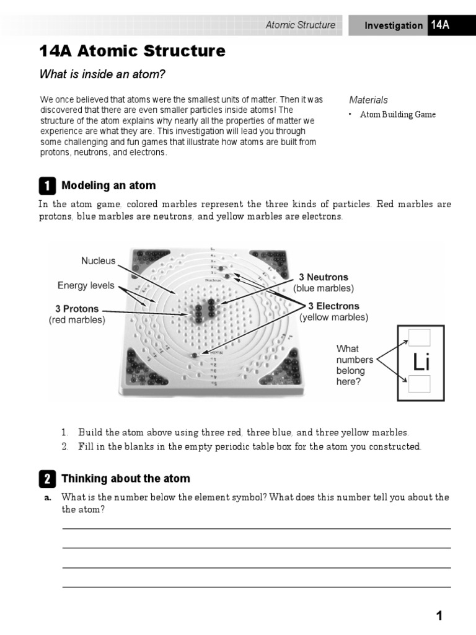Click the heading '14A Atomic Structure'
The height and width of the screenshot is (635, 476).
tap(132, 51)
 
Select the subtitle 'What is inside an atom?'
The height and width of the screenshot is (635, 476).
tap(103, 75)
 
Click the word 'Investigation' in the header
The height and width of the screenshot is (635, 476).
tap(394, 25)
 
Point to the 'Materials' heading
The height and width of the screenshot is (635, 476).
tap(368, 100)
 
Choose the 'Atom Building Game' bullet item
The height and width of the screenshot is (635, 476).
tap(398, 115)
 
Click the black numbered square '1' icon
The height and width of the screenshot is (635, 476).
tap(47, 185)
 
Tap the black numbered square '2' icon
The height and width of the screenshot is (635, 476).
tap(47, 479)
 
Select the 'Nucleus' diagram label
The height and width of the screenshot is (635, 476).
tap(99, 261)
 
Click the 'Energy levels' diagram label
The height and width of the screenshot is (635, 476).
tap(86, 286)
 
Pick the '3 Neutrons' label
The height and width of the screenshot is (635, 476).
tap(324, 277)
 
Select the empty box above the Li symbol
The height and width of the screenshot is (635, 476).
tap(420, 337)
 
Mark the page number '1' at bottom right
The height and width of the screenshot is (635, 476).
tap(439, 616)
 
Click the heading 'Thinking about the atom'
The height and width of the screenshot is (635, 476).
tap(126, 479)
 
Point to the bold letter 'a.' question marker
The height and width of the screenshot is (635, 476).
tap(47, 498)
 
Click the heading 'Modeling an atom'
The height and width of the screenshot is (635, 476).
tap(108, 185)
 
